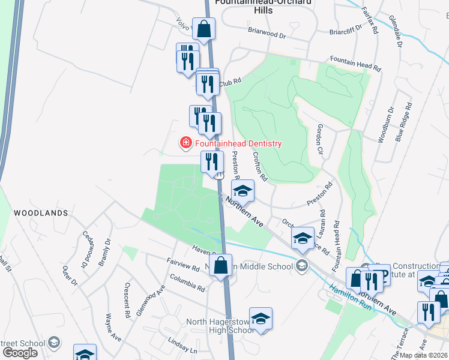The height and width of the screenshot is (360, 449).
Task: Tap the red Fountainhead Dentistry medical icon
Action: (185, 143)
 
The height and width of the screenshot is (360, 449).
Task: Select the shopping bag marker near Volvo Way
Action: (204, 28)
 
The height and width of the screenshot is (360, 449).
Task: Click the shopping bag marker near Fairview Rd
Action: (221, 265)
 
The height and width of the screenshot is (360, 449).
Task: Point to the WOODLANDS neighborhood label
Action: (41, 213)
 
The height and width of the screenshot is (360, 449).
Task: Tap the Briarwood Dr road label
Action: (268, 34)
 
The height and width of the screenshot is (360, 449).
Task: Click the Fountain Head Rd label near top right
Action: (355, 64)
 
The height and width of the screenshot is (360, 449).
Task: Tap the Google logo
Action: (20, 352)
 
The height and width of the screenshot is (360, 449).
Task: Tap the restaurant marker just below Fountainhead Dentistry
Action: (211, 161)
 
